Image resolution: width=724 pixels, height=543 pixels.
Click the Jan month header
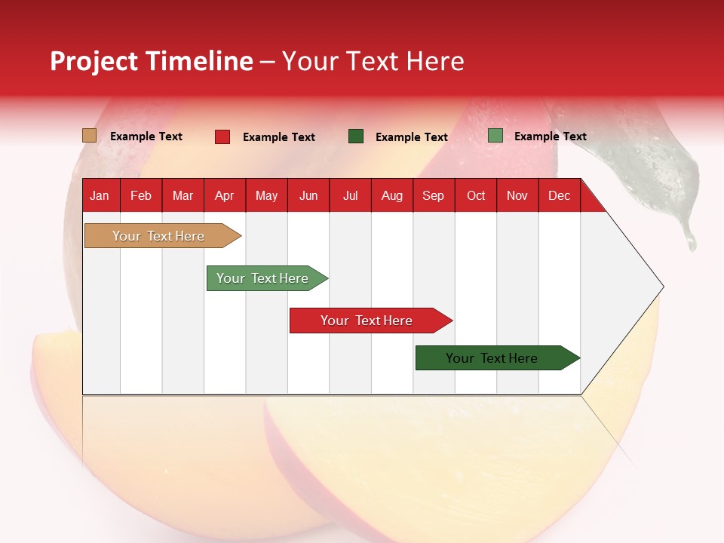[100, 195]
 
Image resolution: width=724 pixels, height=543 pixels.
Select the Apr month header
[225, 195]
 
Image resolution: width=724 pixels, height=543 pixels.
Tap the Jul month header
[350, 195]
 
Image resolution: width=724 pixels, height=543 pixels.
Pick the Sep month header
[433, 195]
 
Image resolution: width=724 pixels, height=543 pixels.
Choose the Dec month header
[559, 195]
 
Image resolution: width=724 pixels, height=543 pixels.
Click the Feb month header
[141, 195]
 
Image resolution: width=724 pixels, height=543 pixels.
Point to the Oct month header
[476, 195]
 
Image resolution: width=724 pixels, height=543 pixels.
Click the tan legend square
[89, 136]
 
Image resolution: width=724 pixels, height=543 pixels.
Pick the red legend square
[222, 137]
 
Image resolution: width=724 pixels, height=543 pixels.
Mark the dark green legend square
[356, 136]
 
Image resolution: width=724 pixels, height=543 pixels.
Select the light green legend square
[495, 136]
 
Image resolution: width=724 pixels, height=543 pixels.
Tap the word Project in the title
[94, 61]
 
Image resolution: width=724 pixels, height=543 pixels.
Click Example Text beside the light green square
[550, 136]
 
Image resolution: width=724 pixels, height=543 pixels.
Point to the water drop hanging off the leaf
[689, 240]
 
